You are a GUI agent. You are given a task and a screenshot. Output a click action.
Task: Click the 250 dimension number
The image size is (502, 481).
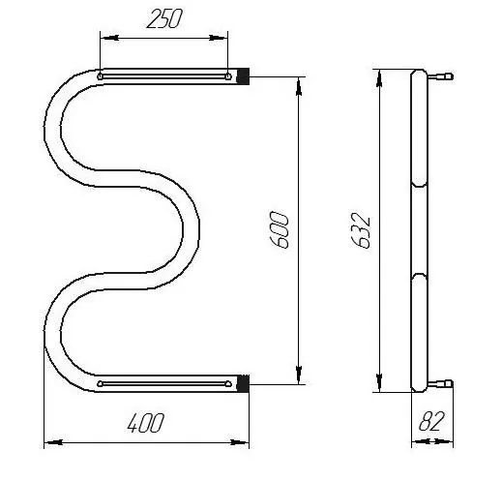click(164, 18)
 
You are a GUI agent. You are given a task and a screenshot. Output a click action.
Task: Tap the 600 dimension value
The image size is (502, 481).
click(280, 230)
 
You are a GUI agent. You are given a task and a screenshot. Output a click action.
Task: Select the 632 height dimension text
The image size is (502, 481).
click(361, 230)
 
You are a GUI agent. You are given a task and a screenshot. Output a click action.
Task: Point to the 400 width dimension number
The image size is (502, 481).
click(146, 422)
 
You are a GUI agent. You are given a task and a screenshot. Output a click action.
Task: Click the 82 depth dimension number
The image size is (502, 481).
click(431, 421)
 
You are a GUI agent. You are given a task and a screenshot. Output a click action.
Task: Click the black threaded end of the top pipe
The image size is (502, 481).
click(243, 76)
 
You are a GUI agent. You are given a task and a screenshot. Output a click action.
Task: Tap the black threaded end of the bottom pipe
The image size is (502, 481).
click(243, 383)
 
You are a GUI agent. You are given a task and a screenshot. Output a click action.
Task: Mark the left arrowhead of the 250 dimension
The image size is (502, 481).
click(110, 38)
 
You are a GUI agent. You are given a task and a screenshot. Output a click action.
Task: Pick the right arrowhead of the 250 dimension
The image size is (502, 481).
click(218, 38)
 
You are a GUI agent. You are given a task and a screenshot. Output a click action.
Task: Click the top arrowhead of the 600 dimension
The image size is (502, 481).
click(299, 86)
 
